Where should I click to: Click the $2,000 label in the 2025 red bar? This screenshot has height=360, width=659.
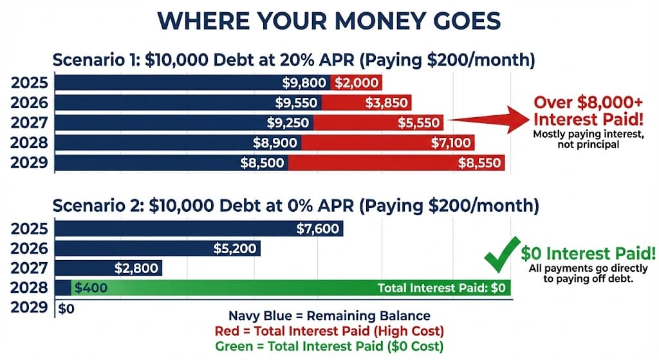[357, 83]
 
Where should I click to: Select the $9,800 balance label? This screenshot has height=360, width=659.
[304, 83]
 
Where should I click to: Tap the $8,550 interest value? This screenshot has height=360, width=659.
[479, 163]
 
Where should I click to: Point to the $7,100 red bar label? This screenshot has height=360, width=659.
[450, 143]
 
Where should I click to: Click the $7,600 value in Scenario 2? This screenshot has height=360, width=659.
[318, 229]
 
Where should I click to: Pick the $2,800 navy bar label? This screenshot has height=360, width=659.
[136, 269]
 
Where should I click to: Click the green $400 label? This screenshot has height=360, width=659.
[91, 288]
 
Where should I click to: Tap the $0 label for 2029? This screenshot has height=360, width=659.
[66, 308]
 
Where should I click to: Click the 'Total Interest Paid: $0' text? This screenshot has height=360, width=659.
[441, 288]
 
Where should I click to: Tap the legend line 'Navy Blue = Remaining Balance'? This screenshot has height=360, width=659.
[329, 316]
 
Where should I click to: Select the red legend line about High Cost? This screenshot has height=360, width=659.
[329, 331]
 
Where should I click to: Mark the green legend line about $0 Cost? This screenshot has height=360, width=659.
[329, 346]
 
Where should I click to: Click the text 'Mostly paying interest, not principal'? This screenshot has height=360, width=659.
[588, 139]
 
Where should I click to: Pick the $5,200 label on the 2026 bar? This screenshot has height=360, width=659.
[234, 249]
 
